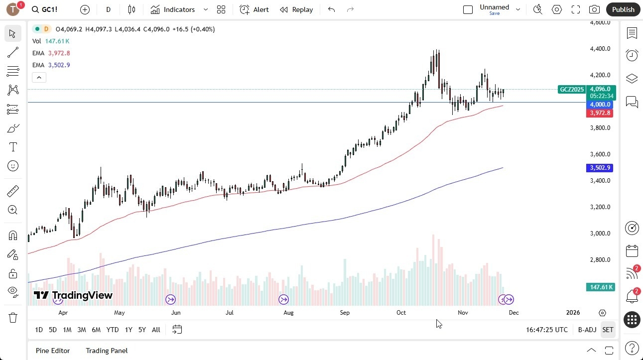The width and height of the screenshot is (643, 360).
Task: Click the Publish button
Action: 623,9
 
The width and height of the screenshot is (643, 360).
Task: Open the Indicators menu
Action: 173,9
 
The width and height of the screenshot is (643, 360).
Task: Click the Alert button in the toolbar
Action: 254,9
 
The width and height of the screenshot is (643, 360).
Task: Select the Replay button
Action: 296,9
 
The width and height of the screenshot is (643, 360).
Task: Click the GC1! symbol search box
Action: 45,9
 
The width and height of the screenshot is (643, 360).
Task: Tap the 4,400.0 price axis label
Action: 600,49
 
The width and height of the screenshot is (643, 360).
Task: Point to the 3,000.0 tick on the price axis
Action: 600,234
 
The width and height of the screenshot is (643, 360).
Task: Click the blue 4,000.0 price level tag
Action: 600,105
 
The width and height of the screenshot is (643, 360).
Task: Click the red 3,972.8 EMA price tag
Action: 601,113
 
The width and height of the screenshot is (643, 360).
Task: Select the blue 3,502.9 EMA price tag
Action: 600,168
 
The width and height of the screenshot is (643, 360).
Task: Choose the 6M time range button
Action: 96,330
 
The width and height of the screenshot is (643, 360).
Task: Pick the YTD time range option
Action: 113,330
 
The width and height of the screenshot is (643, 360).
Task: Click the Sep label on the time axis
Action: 345,313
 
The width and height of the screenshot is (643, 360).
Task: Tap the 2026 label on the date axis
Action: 573,313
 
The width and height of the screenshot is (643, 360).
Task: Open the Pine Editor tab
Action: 53,351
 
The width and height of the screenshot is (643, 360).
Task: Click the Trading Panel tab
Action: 107,351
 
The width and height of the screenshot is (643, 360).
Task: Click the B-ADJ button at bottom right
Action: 587,330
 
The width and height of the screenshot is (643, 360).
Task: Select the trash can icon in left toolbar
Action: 13,318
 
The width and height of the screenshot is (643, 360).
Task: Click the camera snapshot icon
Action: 594,9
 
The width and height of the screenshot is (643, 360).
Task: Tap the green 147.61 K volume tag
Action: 600,287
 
